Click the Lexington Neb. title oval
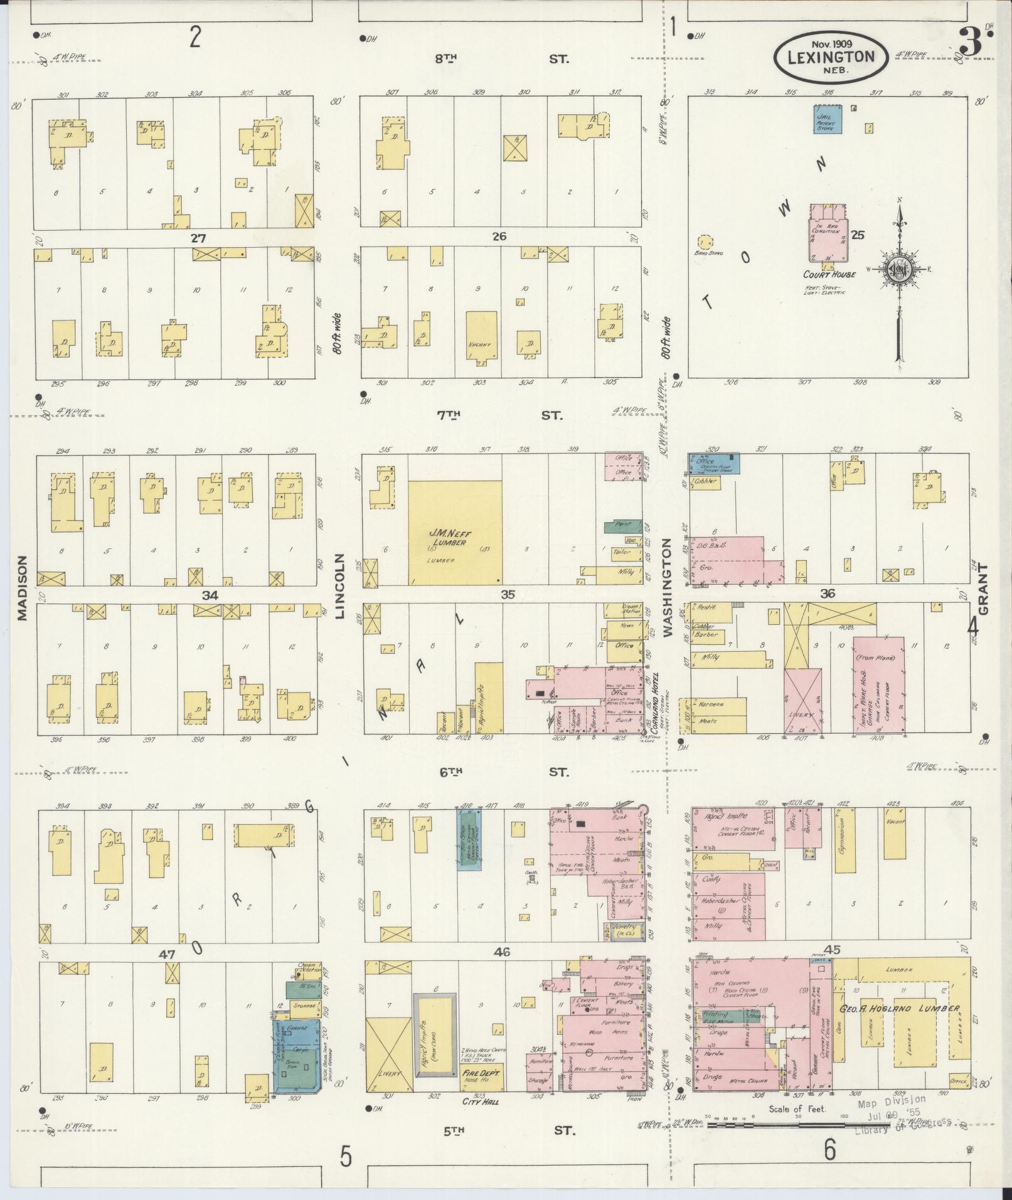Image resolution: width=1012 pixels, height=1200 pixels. (830, 56)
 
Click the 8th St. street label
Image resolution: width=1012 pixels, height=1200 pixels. (502, 59)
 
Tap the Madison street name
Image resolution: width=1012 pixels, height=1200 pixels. (23, 588)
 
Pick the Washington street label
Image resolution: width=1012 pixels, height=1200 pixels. (668, 588)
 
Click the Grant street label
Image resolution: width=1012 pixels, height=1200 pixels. (983, 588)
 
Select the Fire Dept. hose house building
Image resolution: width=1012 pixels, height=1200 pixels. (482, 1076)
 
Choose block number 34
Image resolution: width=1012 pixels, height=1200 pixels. (210, 595)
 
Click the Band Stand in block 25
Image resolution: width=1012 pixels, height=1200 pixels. (705, 242)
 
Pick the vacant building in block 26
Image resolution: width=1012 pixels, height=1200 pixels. (481, 335)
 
